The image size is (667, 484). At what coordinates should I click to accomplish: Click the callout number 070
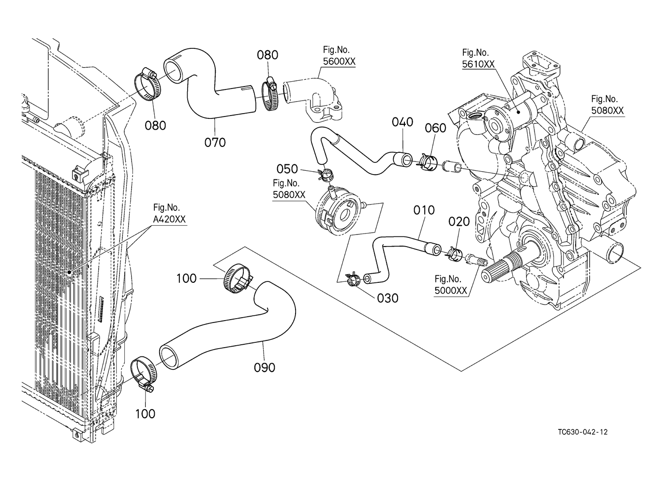(x=215, y=142)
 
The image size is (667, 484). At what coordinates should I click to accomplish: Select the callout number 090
(x=264, y=367)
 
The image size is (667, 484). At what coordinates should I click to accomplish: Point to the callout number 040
(x=402, y=122)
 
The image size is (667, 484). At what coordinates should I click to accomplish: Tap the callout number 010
(x=424, y=210)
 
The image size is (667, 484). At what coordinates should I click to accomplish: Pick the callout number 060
(x=435, y=128)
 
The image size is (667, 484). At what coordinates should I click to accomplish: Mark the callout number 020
(x=459, y=221)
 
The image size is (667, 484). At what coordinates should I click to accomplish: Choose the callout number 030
(x=388, y=298)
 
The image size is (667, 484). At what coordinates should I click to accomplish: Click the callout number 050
(x=287, y=169)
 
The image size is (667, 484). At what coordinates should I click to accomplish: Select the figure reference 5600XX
(x=339, y=62)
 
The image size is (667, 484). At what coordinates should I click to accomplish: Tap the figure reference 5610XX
(x=478, y=64)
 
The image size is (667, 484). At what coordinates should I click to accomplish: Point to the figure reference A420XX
(x=169, y=219)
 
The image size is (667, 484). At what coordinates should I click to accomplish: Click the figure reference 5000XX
(x=451, y=291)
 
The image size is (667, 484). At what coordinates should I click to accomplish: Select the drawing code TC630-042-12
(x=582, y=432)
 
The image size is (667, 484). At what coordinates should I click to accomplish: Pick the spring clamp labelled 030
(x=352, y=279)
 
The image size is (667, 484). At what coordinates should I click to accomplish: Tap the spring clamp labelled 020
(x=454, y=253)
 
